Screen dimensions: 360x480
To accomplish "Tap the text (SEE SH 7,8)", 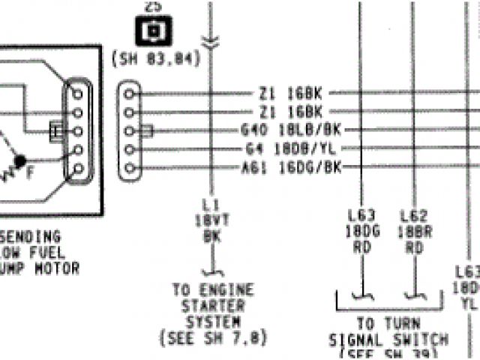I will pos(213,338).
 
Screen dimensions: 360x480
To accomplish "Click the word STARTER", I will pos(213,306).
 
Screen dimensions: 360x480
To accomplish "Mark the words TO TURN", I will pos(386,324).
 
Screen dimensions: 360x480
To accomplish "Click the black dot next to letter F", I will pos(21,160).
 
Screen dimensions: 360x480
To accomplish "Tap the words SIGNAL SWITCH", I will pos(388,340).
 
